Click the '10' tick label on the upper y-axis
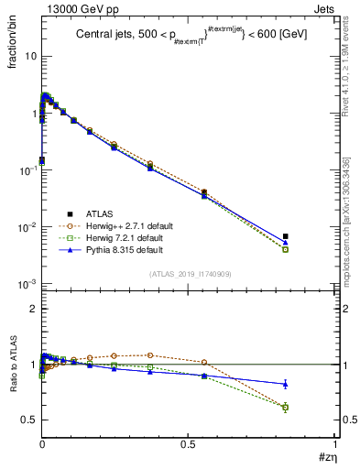29,56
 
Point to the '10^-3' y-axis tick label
27,284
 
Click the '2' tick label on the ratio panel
32,310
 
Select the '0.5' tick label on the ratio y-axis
28,420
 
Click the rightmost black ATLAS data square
285,236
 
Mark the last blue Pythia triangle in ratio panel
285,384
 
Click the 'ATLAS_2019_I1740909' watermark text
191,275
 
